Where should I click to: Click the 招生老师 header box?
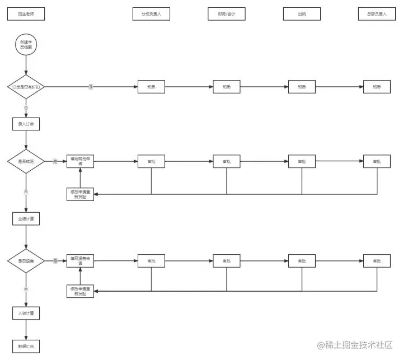point(26,13)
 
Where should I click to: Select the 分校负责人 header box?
point(151,13)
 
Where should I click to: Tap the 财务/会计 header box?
point(226,13)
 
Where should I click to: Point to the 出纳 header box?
point(302,13)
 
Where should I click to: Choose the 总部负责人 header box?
point(377,13)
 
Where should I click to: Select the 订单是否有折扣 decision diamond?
point(26,87)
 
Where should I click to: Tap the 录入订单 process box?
point(26,124)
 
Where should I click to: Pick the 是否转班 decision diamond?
point(26,161)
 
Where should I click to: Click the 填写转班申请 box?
point(80,161)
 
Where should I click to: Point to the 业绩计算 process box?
point(26,218)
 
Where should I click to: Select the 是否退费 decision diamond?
point(26,261)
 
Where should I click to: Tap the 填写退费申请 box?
point(80,261)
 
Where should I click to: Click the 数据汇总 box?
point(26,347)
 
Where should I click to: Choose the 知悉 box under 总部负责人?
point(377,87)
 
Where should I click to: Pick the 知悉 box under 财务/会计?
point(226,87)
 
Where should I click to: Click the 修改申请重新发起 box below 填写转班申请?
point(80,194)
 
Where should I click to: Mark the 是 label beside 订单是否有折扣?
point(91,87)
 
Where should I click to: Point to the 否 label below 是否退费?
point(26,289)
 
